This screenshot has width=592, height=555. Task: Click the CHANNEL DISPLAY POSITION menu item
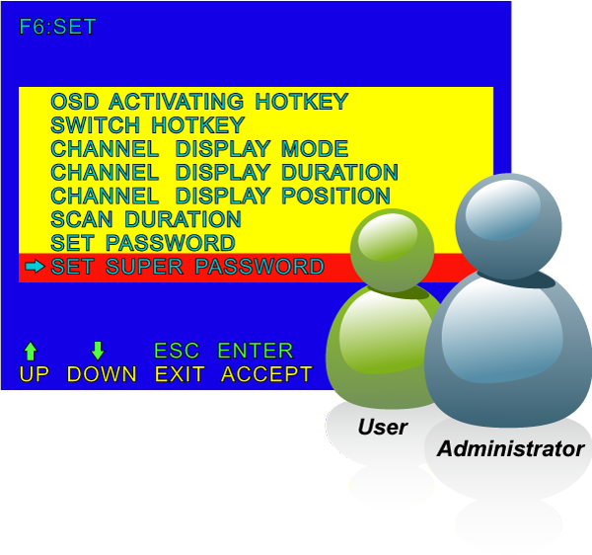coord(220,196)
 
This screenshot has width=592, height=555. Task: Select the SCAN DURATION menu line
coord(146,219)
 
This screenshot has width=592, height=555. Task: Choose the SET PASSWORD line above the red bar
coord(143,243)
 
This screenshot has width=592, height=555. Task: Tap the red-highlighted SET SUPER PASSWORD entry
coord(187,267)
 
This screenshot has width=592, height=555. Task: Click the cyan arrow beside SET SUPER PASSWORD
coord(35,267)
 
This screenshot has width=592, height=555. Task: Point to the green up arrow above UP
coord(31,351)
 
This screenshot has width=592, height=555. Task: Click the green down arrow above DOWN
coord(98,351)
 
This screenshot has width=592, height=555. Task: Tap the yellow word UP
coord(34,374)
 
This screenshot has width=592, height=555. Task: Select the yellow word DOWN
coord(102,374)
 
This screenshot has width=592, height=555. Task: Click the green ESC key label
coord(177,351)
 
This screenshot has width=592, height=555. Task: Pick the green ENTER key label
coord(256,351)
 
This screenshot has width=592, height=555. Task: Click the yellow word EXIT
coord(180,374)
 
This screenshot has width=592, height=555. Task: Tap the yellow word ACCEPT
coord(266,374)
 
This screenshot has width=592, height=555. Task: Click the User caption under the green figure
coord(383,428)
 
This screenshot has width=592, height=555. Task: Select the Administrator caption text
coord(510,448)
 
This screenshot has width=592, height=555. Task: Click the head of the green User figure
coord(391,247)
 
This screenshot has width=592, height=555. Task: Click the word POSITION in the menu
coord(335,196)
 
